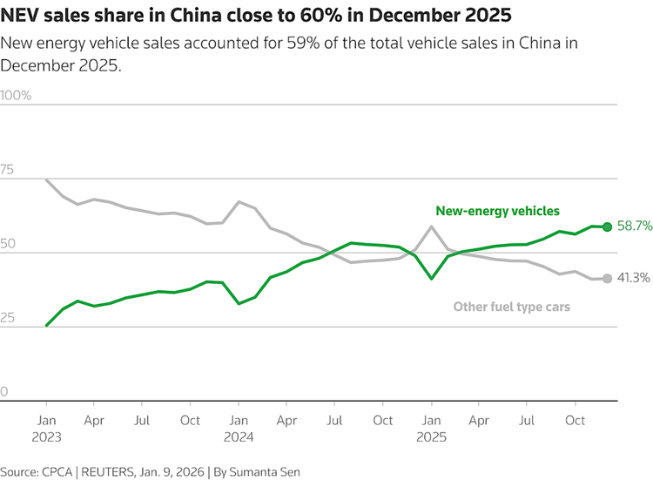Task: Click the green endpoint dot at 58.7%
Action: tap(608, 226)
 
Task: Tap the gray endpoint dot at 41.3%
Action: tap(608, 278)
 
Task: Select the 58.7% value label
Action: tap(634, 226)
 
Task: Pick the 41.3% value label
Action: tap(634, 278)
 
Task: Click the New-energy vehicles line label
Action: tap(497, 211)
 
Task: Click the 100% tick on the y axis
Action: tap(17, 96)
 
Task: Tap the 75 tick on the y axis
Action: tap(8, 170)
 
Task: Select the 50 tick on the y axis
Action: tap(8, 244)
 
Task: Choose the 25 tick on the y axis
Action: tap(8, 318)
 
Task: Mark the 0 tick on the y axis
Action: tap(4, 392)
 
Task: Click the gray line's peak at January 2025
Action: tap(430, 226)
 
